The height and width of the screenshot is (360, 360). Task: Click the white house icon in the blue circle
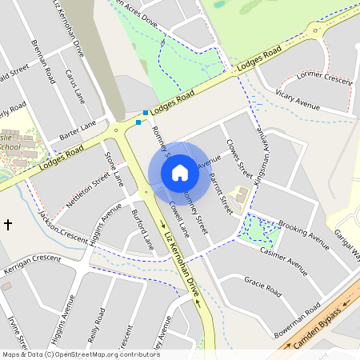point(180,172)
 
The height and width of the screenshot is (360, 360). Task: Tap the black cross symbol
point(9,225)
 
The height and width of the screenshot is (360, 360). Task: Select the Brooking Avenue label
point(303,231)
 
